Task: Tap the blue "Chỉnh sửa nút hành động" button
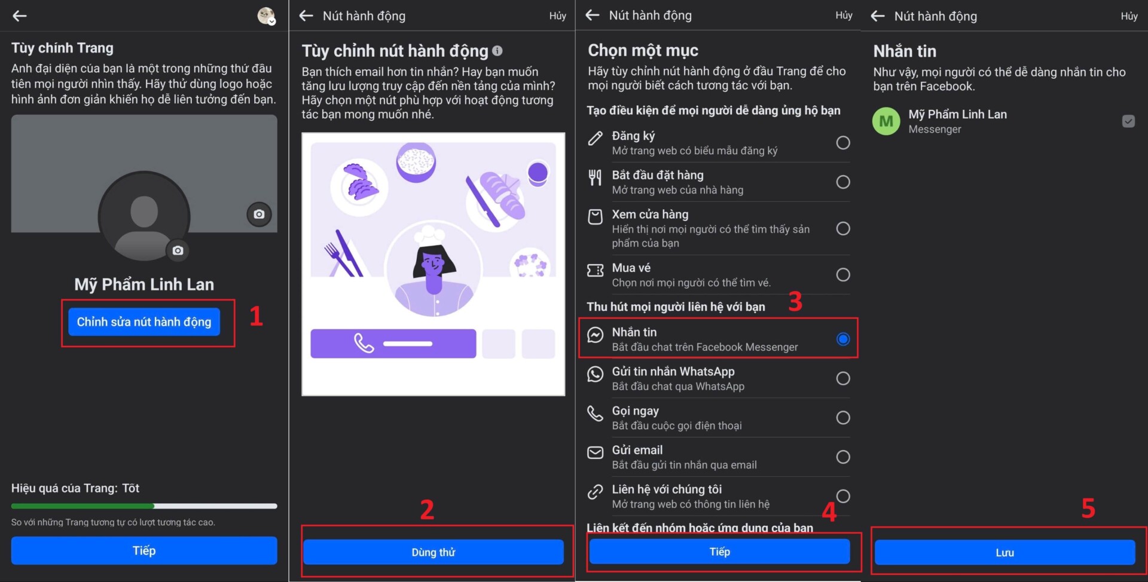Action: click(144, 321)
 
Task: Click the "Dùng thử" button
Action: click(433, 552)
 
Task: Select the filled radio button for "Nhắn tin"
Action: click(843, 339)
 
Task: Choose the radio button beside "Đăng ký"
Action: click(843, 142)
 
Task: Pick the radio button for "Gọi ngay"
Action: click(843, 417)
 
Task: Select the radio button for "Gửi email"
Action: click(843, 457)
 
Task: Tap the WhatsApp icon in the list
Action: click(595, 374)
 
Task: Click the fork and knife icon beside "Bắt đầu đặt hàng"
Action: click(595, 177)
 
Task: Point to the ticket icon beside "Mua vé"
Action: click(595, 271)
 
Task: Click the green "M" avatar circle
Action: click(886, 121)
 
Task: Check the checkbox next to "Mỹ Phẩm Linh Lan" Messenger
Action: click(1128, 121)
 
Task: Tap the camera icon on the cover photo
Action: click(259, 214)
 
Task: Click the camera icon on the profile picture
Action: click(178, 250)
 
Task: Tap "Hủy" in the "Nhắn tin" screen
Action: click(1129, 16)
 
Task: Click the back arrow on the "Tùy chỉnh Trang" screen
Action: click(20, 16)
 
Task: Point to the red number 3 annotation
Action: click(795, 302)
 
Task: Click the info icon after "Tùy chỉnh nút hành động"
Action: click(497, 51)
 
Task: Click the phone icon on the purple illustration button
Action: click(364, 343)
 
